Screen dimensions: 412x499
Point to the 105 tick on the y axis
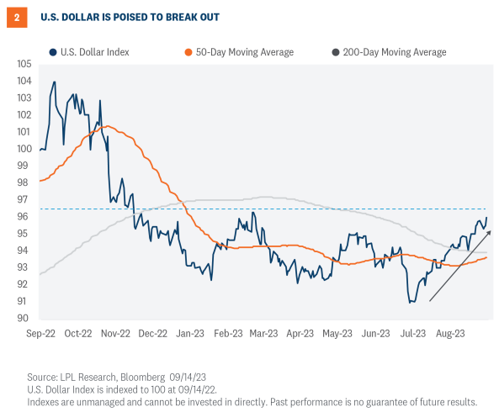click(24, 64)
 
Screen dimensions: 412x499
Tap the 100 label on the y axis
click(24, 149)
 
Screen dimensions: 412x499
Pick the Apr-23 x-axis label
click(300, 333)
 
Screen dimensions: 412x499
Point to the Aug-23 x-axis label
click(451, 333)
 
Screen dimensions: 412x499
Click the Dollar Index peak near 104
click(55, 82)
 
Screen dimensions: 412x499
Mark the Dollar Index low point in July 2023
click(410, 302)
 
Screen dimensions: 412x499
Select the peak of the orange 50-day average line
click(106, 127)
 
